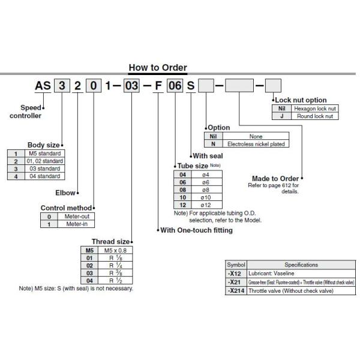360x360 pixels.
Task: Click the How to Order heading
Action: (x=158, y=68)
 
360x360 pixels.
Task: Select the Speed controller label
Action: (x=26, y=111)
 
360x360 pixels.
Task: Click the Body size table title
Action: (x=43, y=145)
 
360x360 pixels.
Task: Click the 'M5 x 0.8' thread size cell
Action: (x=115, y=250)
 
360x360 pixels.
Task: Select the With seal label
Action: (x=208, y=155)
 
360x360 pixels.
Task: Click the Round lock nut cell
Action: (x=314, y=116)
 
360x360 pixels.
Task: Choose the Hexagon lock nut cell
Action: (x=314, y=108)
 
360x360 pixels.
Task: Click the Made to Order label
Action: (x=275, y=178)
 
